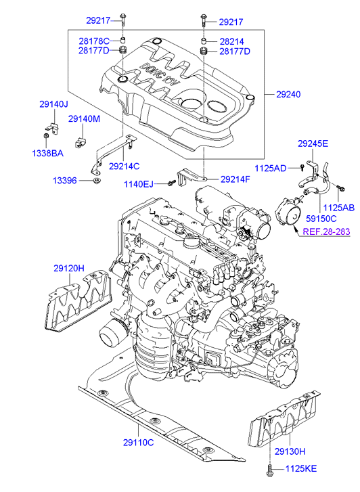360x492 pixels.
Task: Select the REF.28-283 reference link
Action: (325, 231)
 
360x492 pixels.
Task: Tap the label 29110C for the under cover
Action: (138, 442)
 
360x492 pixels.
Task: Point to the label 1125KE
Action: (304, 468)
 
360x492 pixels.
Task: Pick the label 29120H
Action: (69, 269)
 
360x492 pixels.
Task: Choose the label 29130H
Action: (290, 451)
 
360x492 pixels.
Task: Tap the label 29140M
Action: (84, 119)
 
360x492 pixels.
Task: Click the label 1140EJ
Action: (139, 183)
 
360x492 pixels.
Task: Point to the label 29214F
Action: (235, 179)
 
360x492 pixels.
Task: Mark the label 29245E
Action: (313, 143)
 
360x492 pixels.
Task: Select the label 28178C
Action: (94, 41)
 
